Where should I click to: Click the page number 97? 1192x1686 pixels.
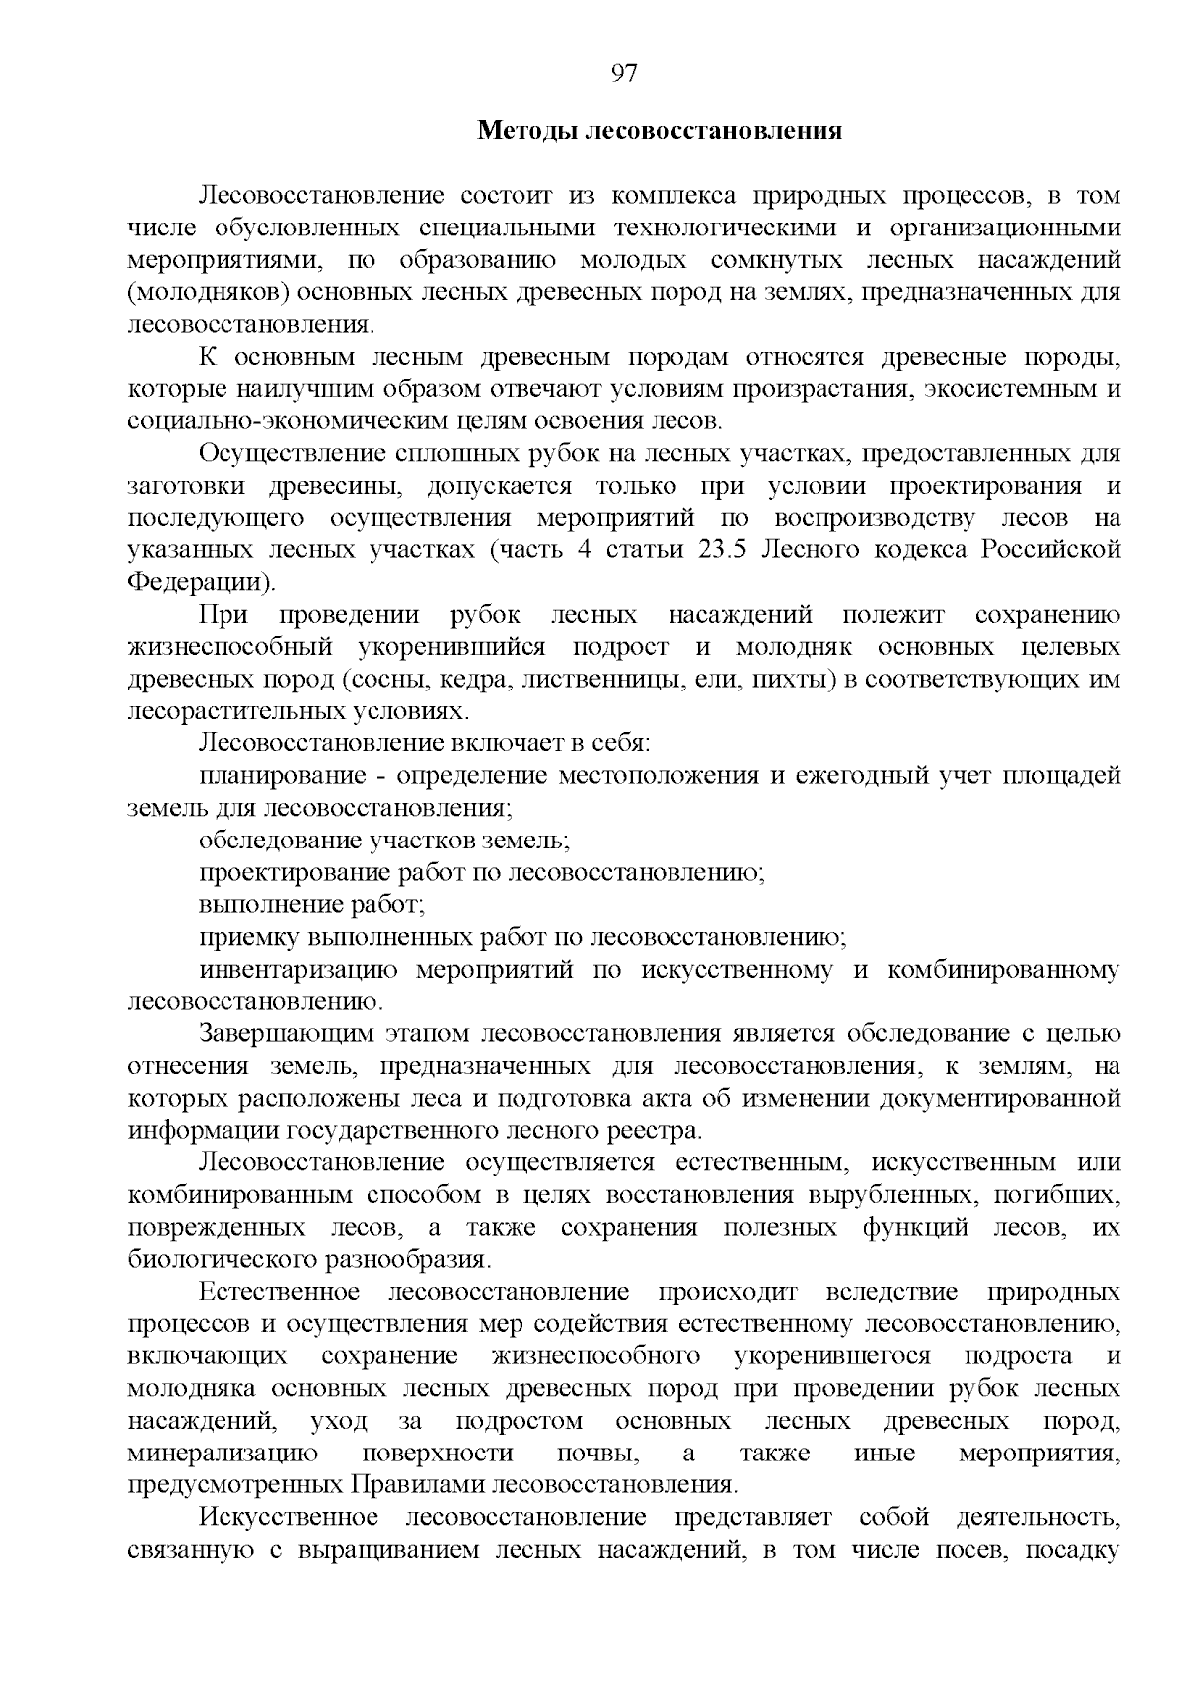[x=624, y=74]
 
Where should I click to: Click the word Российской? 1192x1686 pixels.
[x=1052, y=550]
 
